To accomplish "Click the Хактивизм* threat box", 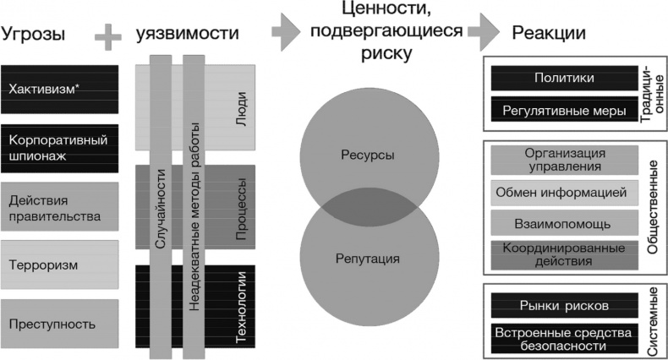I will (59, 90).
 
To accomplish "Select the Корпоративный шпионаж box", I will (59, 148).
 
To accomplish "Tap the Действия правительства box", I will (59, 207).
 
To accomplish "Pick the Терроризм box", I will (59, 265).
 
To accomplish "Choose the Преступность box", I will (59, 323).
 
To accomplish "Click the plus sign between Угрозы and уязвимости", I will (108, 35).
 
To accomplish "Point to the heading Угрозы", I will (34, 35).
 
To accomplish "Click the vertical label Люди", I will (241, 109).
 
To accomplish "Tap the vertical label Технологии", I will (241, 309).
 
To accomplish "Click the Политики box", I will (564, 79).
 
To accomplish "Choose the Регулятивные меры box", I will (564, 110).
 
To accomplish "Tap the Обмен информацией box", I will (564, 192).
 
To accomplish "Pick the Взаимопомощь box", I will (564, 222).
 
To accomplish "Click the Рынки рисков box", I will (564, 305).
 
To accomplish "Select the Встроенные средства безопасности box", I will (564, 338).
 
